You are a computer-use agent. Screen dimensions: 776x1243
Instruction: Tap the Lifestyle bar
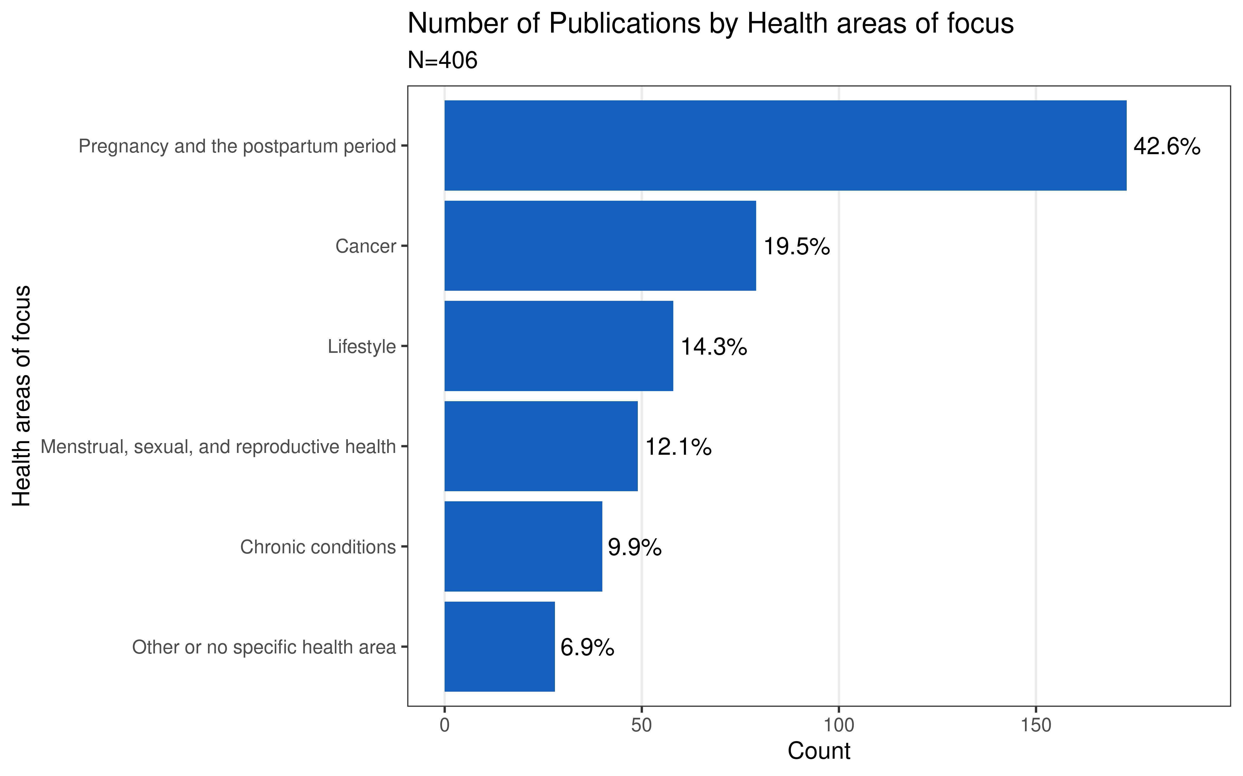click(558, 346)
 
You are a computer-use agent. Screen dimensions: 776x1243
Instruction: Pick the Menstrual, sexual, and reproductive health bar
click(541, 446)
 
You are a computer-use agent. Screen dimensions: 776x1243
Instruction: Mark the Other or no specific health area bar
click(499, 647)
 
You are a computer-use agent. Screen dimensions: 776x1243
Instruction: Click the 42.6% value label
click(1166, 147)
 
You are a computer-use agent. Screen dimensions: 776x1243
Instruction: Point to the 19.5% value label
click(797, 247)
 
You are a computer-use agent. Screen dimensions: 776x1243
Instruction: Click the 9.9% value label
click(634, 548)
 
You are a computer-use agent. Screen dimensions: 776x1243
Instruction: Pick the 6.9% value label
click(587, 648)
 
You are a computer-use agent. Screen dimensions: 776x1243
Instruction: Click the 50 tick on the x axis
click(641, 725)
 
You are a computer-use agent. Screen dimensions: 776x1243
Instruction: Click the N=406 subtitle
click(442, 61)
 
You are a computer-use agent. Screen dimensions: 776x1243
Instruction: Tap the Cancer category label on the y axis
click(366, 246)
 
